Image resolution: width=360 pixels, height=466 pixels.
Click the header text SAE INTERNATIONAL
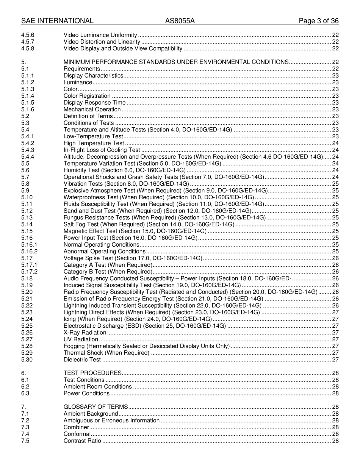click(57, 21)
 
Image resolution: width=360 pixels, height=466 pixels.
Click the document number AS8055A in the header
click(180, 21)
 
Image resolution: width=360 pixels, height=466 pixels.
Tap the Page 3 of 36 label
click(318, 21)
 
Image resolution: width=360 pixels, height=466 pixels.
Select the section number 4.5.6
click(28, 35)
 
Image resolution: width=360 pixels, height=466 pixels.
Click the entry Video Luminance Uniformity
click(100, 35)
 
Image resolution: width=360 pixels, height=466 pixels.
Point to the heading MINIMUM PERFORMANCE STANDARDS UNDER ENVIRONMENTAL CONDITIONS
click(176, 62)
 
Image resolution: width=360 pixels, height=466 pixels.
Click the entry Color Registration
click(87, 96)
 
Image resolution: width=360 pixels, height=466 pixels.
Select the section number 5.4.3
click(28, 150)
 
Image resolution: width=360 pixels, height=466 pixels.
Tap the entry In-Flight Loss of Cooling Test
click(102, 150)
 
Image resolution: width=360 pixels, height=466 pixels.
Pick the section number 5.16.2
click(30, 251)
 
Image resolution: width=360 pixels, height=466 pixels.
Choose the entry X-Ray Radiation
click(85, 333)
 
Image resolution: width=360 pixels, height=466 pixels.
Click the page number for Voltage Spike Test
click(335, 258)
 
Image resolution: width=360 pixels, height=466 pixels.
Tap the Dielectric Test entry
click(82, 360)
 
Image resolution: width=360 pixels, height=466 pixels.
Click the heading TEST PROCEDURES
click(92, 373)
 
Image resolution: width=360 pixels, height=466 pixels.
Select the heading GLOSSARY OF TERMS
click(95, 407)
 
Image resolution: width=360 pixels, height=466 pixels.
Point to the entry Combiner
click(76, 427)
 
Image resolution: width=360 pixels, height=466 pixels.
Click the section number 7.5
click(25, 441)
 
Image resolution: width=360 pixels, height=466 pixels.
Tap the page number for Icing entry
click(335, 319)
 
